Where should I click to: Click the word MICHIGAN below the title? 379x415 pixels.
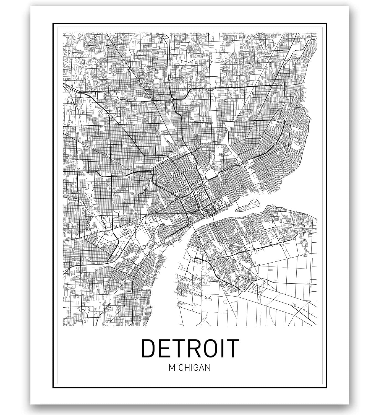(x=190, y=368)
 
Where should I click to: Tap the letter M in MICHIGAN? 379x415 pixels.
(x=171, y=368)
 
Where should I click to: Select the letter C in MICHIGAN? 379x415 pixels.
(x=180, y=368)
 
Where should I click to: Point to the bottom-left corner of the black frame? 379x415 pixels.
(x=53, y=387)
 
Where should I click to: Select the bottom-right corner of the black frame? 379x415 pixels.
(x=326, y=387)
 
